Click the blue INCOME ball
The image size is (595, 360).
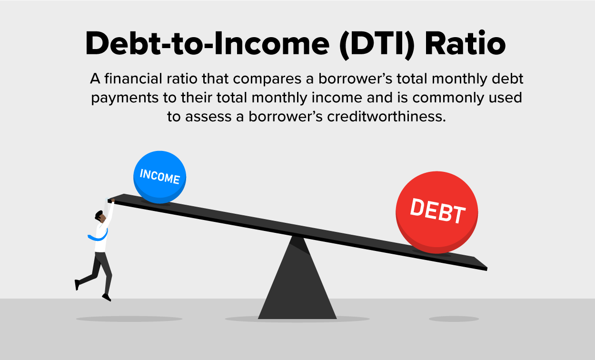click(x=159, y=177)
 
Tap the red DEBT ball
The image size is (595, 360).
click(x=436, y=212)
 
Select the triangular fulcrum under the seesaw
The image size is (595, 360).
click(x=297, y=278)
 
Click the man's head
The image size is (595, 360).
click(x=100, y=217)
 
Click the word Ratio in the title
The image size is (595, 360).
click(x=465, y=44)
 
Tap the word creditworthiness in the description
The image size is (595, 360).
click(x=386, y=116)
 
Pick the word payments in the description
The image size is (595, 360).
click(x=125, y=98)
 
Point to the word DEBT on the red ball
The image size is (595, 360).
click(x=438, y=211)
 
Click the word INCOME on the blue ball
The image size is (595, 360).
click(x=160, y=176)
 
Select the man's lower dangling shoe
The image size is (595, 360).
click(x=107, y=298)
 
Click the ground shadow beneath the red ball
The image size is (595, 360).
click(x=454, y=319)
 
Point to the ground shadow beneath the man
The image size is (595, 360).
click(x=129, y=319)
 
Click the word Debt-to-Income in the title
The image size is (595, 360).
click(x=207, y=44)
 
